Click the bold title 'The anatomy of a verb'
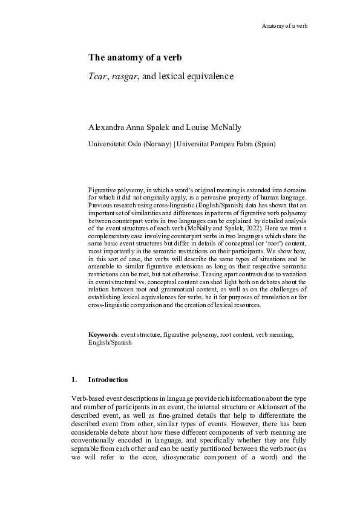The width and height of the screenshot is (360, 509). pyautogui.click(x=135, y=58)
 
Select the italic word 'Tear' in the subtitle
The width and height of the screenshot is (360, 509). pyautogui.click(x=97, y=77)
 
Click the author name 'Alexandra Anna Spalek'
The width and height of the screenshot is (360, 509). pyautogui.click(x=132, y=128)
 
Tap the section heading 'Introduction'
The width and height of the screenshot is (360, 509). pyautogui.click(x=108, y=380)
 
